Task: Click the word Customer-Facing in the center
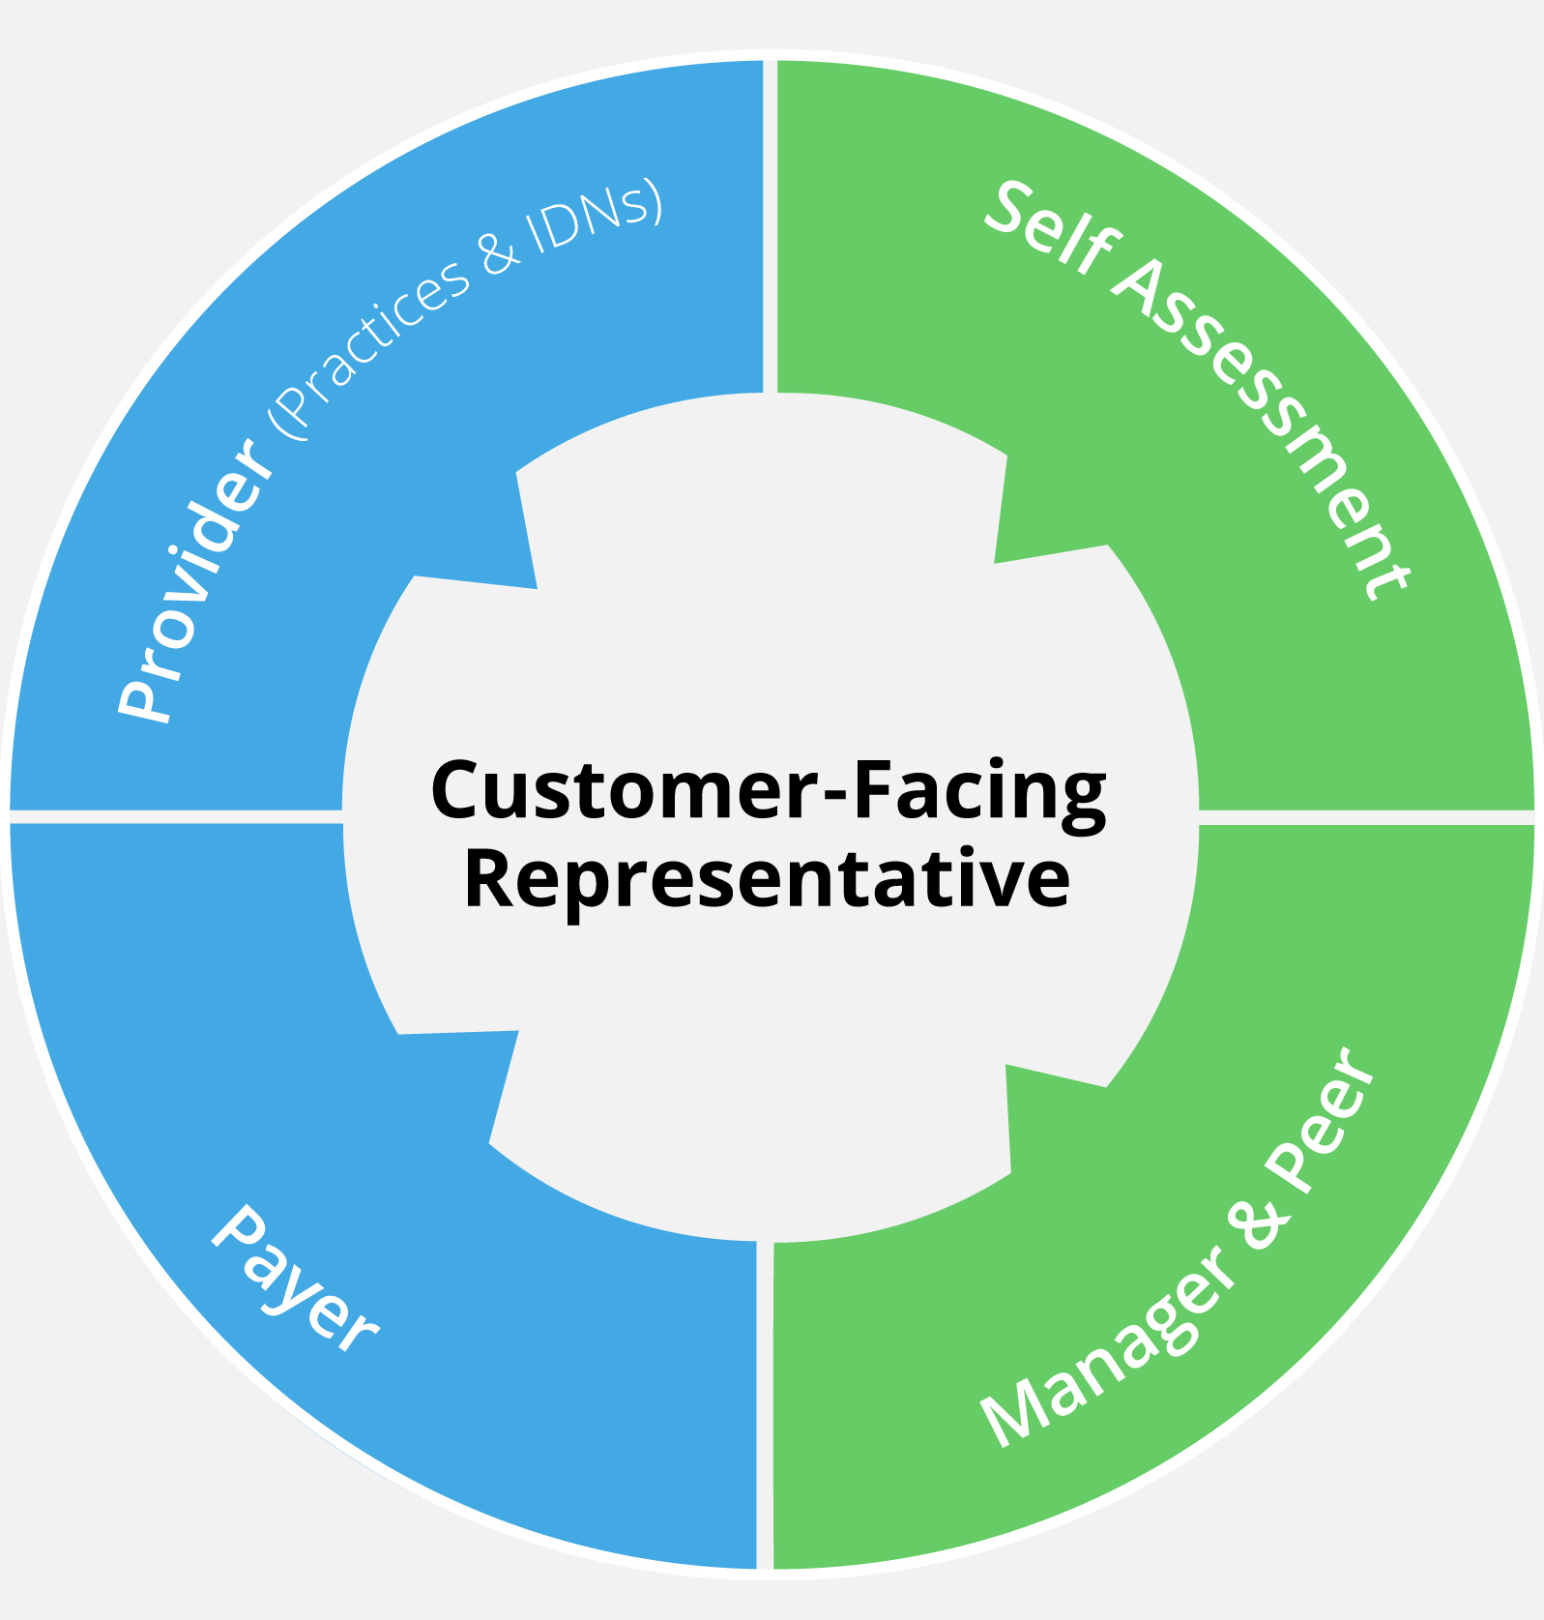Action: point(769,791)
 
